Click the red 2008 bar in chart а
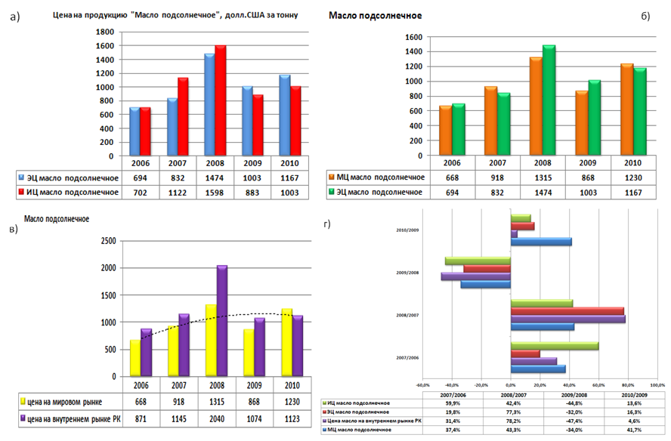221,101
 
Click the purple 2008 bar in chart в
221,321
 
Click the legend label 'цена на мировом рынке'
69,402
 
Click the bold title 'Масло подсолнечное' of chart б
376,16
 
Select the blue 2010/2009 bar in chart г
542,242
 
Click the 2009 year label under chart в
259,384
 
